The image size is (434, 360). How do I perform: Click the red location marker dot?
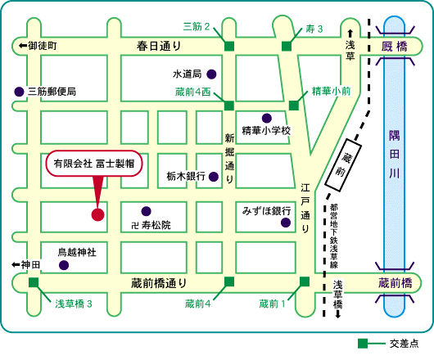coord(97,214)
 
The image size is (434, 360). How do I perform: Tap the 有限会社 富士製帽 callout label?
coord(94,164)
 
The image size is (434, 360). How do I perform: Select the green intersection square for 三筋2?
coord(229,46)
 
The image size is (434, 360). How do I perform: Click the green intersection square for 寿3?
coord(287,46)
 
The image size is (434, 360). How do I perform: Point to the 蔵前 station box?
coord(343,165)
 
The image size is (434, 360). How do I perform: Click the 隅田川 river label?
coord(394,155)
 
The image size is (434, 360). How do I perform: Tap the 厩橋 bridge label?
coord(395,47)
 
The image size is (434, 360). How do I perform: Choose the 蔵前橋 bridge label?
coord(395,283)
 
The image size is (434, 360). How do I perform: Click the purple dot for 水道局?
coord(211,74)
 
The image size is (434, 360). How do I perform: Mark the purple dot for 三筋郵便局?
coord(19,92)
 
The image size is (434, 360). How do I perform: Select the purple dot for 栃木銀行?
coord(214,177)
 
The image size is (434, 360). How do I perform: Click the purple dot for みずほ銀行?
coord(286,223)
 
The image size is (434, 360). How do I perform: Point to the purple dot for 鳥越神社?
coord(64,265)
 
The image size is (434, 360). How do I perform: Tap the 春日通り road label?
coord(159,46)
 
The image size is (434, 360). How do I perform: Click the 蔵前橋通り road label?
coord(159,283)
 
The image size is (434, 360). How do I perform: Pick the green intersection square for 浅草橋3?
coord(34,282)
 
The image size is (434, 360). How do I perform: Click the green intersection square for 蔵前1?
coord(305,281)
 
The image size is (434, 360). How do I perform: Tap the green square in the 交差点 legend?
coord(363,344)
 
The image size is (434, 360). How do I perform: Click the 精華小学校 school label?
coord(266,130)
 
